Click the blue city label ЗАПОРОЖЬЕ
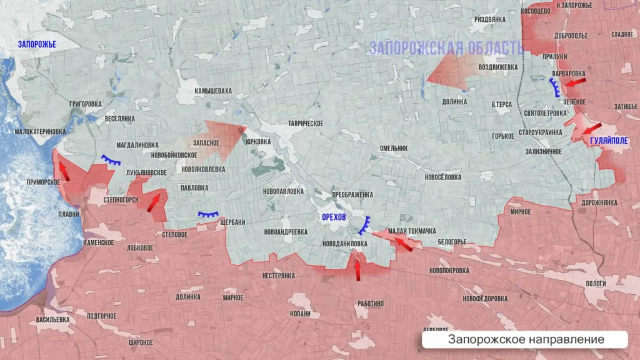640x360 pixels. pyautogui.click(x=37, y=44)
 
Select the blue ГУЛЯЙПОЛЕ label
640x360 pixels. pyautogui.click(x=608, y=142)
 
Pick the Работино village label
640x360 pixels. pyautogui.click(x=371, y=304)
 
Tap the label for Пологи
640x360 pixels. pyautogui.click(x=596, y=284)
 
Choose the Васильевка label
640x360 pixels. pyautogui.click(x=52, y=319)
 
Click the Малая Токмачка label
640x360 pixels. pyautogui.click(x=411, y=231)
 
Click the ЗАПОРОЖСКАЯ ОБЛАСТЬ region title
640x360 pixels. pyautogui.click(x=446, y=48)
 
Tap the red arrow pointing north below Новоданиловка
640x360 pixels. pyautogui.click(x=357, y=269)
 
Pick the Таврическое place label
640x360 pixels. pyautogui.click(x=306, y=124)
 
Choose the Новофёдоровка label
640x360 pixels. pyautogui.click(x=485, y=299)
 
